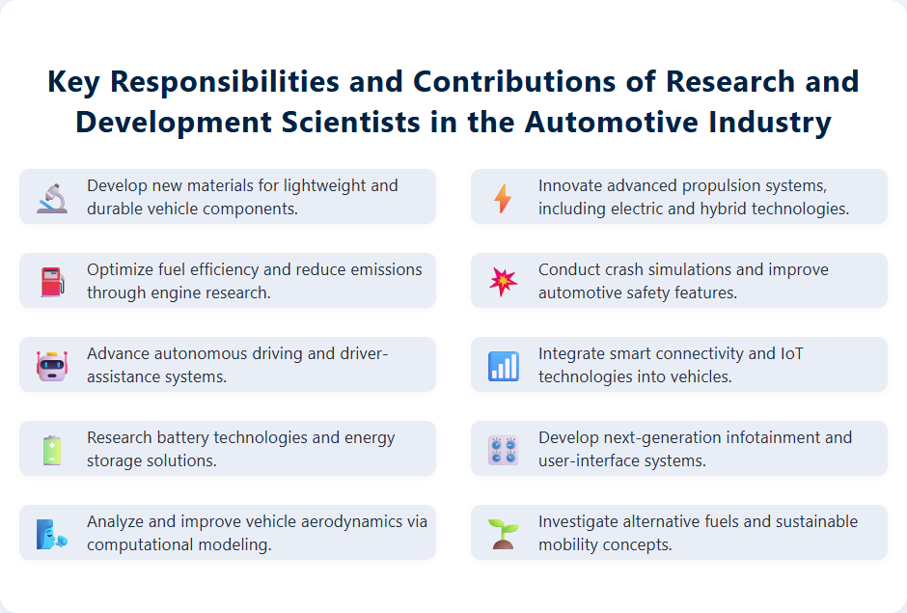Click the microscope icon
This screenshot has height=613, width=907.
[52, 197]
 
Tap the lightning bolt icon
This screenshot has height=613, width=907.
[504, 197]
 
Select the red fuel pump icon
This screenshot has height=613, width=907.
[52, 281]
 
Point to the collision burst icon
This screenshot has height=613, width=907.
[504, 281]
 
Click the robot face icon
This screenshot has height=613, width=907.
[52, 365]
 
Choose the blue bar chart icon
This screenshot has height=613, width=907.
[504, 365]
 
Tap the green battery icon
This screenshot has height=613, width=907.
[52, 449]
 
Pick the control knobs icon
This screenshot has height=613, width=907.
[504, 449]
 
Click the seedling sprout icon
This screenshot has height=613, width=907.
[504, 533]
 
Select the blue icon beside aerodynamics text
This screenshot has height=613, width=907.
[52, 533]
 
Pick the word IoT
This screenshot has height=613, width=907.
[791, 353]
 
